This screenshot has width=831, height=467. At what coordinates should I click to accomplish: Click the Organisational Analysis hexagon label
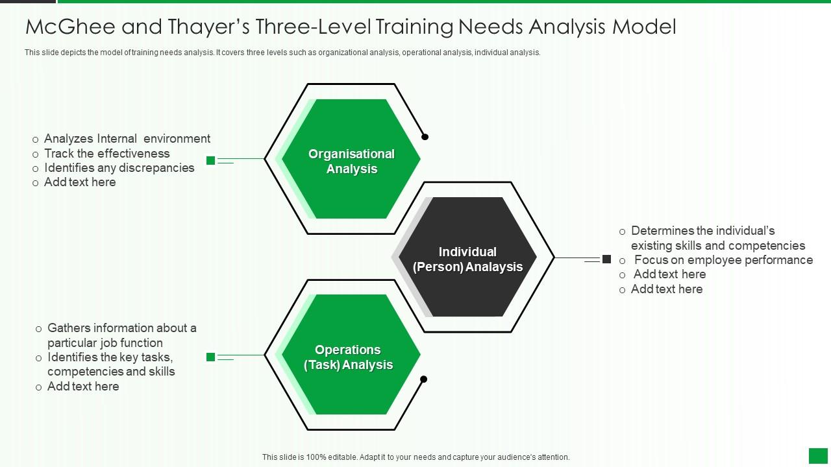point(351,162)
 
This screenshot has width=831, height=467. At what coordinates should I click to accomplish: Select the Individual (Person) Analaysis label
point(467,259)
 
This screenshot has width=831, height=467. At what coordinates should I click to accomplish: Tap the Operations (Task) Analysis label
point(348,357)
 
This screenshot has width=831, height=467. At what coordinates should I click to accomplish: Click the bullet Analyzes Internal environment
point(127,139)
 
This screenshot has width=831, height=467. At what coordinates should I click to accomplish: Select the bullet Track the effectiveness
point(106,154)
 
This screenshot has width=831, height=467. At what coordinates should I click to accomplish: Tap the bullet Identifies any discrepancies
point(119,168)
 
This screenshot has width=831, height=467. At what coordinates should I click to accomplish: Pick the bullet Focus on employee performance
point(723,260)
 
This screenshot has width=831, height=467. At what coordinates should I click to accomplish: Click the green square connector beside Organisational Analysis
point(210,160)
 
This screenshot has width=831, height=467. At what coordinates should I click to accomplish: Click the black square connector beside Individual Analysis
point(606,259)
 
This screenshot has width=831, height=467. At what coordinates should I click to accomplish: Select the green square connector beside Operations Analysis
point(210,357)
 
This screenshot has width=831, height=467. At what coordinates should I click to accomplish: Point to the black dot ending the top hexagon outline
point(425,137)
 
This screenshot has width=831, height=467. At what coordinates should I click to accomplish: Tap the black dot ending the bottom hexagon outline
point(424,379)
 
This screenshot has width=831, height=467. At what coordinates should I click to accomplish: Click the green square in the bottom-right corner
point(818,455)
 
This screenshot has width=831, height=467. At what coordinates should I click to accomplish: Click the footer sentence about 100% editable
point(415,457)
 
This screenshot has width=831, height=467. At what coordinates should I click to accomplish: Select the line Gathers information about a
point(121,328)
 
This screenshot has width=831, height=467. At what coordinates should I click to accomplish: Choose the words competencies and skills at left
point(111,372)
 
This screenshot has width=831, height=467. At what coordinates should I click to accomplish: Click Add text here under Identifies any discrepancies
point(80,182)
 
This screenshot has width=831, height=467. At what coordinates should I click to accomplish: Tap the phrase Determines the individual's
point(702,231)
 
